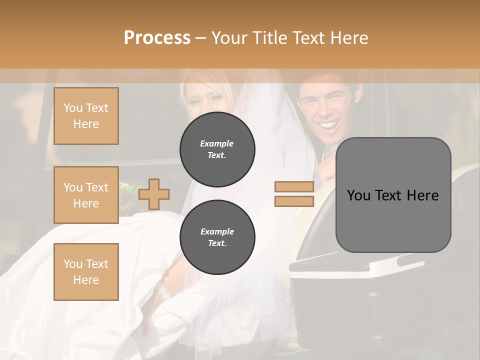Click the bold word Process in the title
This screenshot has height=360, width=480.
point(157,38)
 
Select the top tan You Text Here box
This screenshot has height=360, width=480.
point(86,116)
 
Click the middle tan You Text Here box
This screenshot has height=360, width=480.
point(86,195)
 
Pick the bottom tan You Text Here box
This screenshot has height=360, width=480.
point(86,271)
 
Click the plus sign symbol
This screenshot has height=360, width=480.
point(154,194)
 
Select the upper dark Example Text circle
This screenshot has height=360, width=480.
point(217,149)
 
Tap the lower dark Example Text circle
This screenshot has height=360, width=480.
point(217,237)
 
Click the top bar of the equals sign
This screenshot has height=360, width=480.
point(294,187)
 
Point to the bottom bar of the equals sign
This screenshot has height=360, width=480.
point(294,201)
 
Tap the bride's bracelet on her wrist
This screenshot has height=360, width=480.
point(163,292)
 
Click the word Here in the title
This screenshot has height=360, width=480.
point(349,38)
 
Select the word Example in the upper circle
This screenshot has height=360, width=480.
point(217,143)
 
